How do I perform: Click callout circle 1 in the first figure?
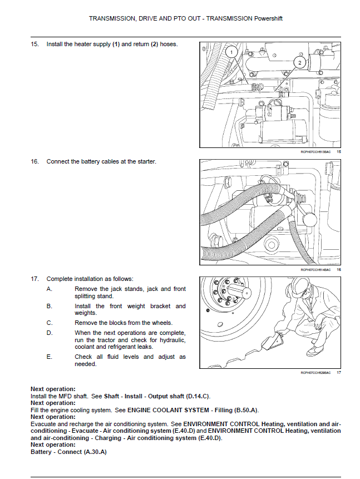click(x=231, y=52)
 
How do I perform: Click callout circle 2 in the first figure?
click(x=299, y=63)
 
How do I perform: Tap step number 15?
click(x=34, y=44)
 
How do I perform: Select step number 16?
click(x=34, y=161)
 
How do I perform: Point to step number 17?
click(x=34, y=279)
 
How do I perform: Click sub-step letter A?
click(x=49, y=289)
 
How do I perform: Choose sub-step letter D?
click(x=50, y=333)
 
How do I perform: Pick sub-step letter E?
click(x=49, y=357)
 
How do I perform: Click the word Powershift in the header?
click(x=268, y=18)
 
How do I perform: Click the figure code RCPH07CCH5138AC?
click(x=315, y=152)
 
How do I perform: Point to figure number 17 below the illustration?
click(x=339, y=373)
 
